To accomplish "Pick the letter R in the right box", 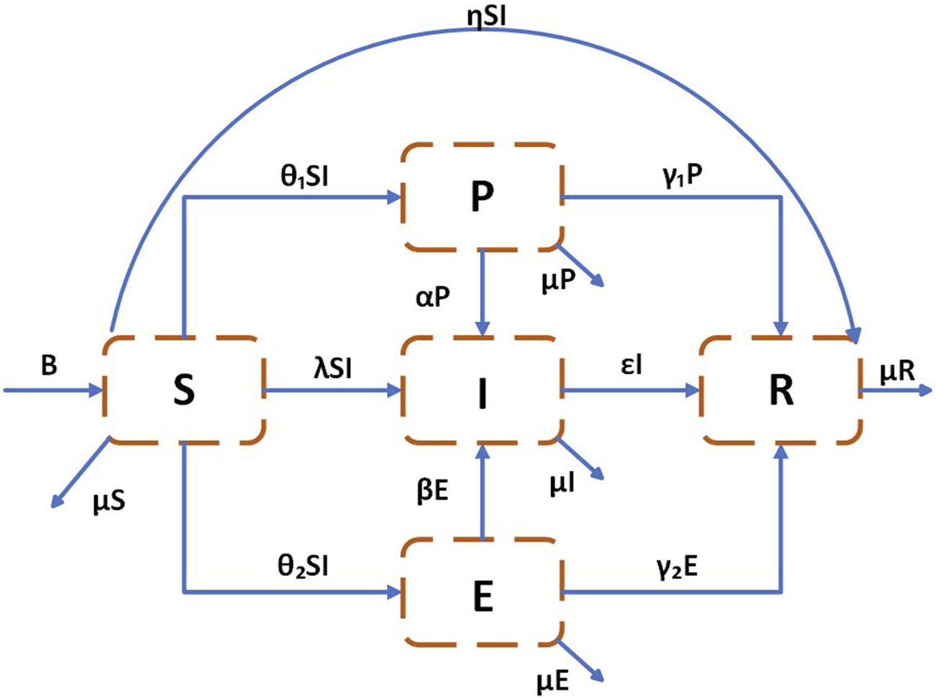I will [x=781, y=391].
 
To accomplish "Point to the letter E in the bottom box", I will [x=483, y=596].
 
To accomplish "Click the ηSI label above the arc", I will [x=486, y=16].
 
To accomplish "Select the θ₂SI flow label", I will [x=304, y=567].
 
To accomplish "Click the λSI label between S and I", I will [x=332, y=369].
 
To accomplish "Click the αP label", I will [x=433, y=297].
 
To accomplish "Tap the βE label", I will [x=432, y=491].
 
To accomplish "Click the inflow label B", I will [x=48, y=366].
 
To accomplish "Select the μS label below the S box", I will [x=109, y=500].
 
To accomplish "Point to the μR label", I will [x=897, y=370].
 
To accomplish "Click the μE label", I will [x=553, y=682].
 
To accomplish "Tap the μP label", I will [x=559, y=281].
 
